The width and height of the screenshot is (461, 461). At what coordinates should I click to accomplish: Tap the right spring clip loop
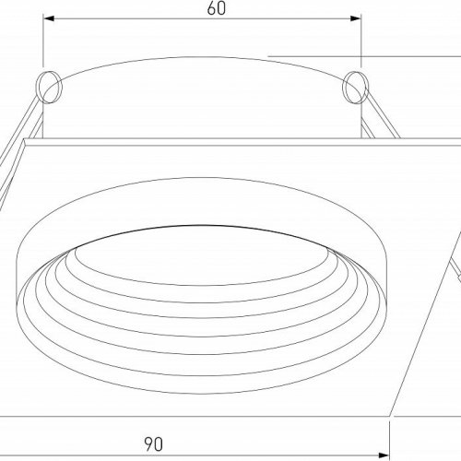coord(356,89)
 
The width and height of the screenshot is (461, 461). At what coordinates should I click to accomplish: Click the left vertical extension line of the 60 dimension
coord(43,46)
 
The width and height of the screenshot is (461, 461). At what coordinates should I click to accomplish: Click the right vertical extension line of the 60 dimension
coord(361,46)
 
